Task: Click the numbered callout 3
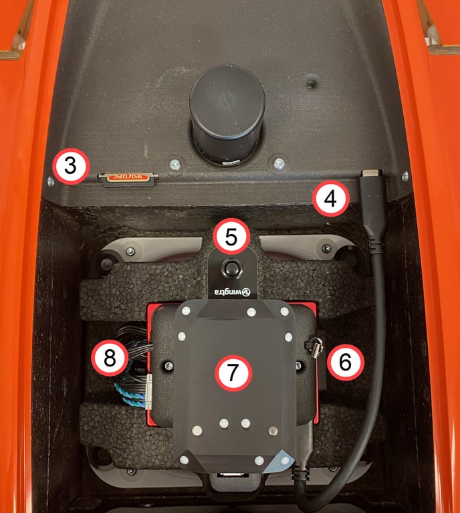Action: [x=71, y=166]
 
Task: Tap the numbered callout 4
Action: [x=330, y=198]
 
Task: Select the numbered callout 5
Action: [x=231, y=236]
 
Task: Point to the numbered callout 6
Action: [x=346, y=362]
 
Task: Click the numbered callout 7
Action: [x=233, y=373]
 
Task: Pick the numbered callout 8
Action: [x=110, y=358]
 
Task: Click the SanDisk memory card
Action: [x=128, y=179]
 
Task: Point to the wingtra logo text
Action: [x=232, y=292]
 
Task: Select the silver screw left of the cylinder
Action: [x=175, y=164]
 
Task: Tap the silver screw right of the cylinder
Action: [x=279, y=163]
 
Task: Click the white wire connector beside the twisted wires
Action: [x=148, y=392]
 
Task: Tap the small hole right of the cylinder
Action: [x=311, y=84]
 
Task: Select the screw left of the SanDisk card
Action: [x=51, y=181]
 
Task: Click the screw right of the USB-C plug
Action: [x=405, y=176]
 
